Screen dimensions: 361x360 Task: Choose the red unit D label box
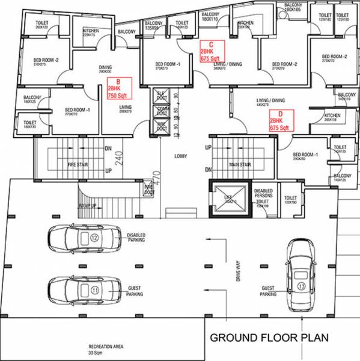point(281,120)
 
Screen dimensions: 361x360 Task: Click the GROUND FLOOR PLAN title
point(269,338)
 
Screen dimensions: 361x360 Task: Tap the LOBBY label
point(181,156)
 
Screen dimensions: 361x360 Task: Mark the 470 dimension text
point(156,177)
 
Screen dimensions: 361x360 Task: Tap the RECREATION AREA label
point(106,347)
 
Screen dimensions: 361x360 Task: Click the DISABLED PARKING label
point(136,238)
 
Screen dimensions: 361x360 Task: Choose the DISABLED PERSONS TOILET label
point(263,196)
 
